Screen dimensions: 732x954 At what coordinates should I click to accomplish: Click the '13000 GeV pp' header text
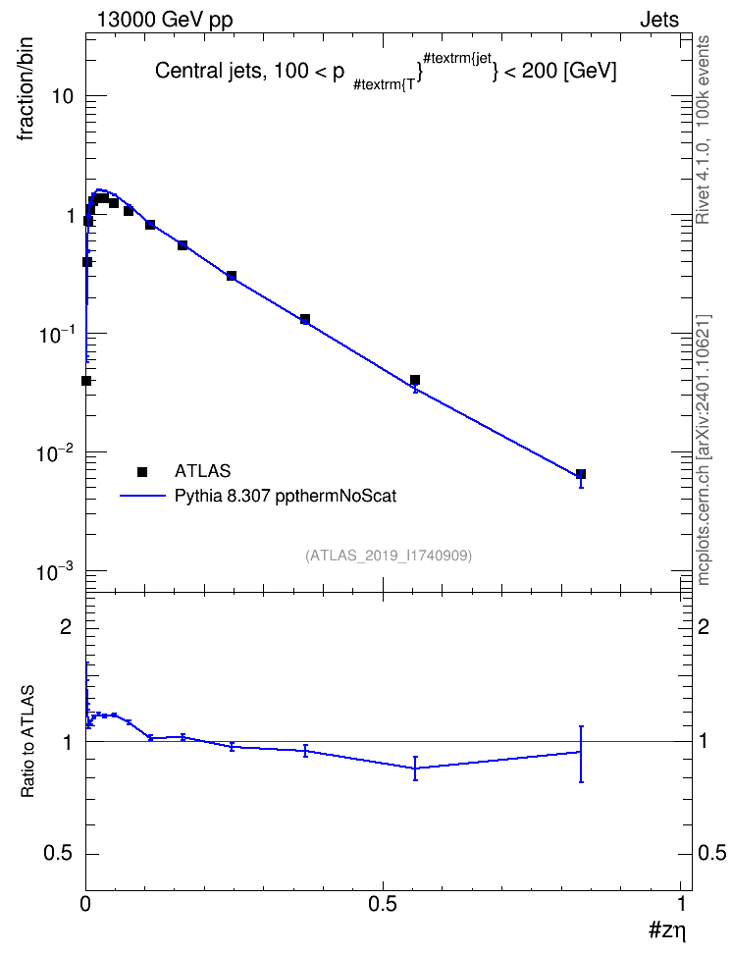[x=164, y=20]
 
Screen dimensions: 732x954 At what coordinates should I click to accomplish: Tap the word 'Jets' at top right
[x=659, y=20]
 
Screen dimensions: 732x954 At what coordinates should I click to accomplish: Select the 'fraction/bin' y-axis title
[x=26, y=89]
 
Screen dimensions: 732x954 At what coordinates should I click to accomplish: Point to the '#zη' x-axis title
[x=667, y=930]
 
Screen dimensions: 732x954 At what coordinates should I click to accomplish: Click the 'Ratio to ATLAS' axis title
[x=27, y=741]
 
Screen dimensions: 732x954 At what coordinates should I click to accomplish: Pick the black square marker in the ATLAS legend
[x=142, y=471]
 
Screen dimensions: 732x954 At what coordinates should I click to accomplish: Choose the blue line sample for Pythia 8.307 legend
[x=143, y=496]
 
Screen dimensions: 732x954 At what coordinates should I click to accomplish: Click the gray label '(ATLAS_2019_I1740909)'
[x=389, y=556]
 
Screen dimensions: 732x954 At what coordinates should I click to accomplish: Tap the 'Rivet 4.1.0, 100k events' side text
[x=703, y=130]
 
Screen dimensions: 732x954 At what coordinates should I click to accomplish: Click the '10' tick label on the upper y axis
[x=61, y=96]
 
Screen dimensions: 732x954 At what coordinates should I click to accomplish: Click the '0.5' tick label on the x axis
[x=383, y=904]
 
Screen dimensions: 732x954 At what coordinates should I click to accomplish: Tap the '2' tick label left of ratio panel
[x=66, y=626]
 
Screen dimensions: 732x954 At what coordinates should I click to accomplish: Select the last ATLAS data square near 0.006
[x=581, y=474]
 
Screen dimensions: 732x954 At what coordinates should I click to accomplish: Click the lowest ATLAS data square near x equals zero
[x=86, y=381]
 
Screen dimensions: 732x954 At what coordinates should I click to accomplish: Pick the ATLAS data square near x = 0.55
[x=415, y=380]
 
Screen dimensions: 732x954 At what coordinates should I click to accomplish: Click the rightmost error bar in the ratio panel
[x=581, y=754]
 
